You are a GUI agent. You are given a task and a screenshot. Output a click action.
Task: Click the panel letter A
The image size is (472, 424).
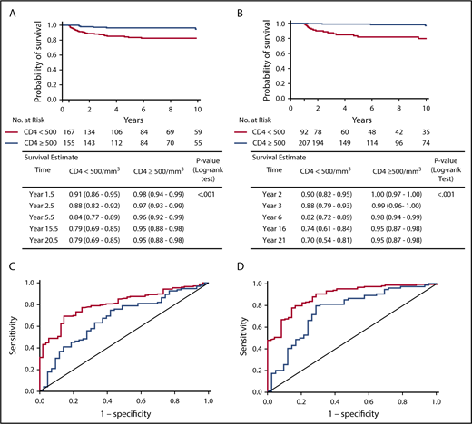click(6, 6)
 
